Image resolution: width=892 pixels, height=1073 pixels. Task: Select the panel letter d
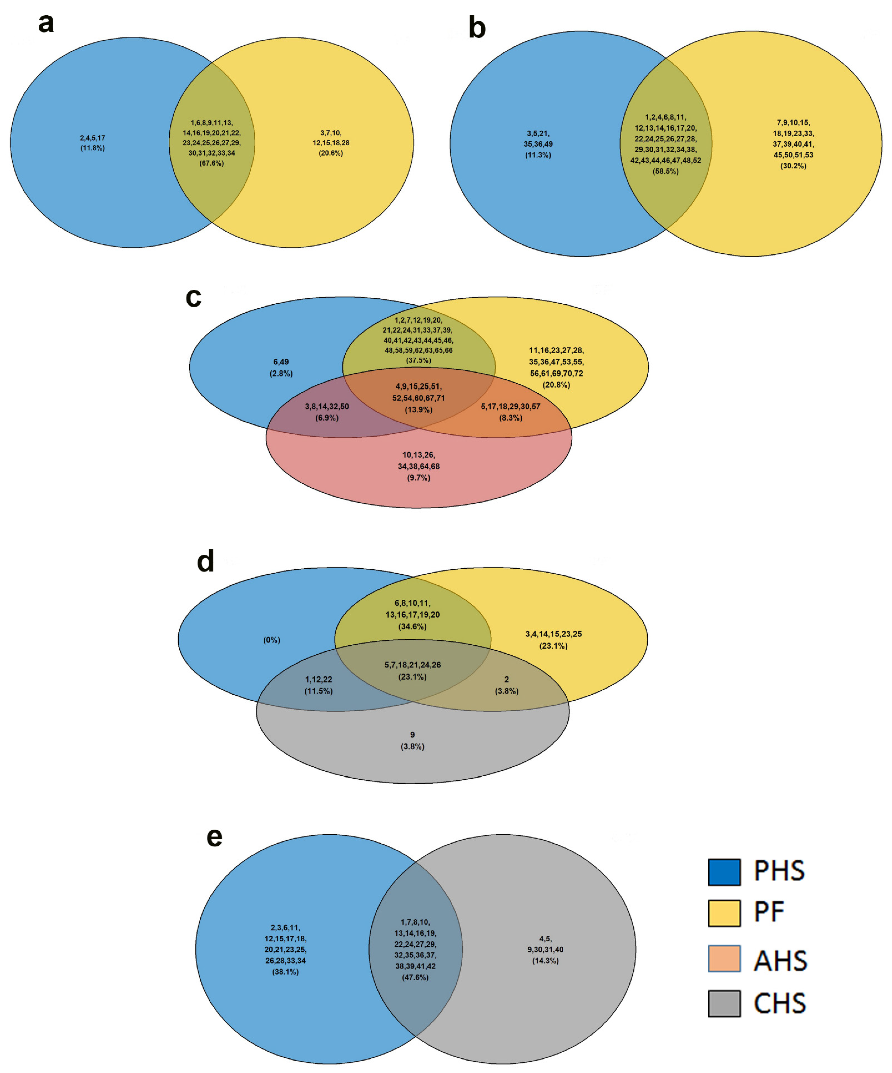tap(205, 562)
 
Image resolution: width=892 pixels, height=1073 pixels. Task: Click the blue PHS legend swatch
tap(724, 872)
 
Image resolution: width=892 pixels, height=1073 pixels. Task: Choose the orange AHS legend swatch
tap(724, 959)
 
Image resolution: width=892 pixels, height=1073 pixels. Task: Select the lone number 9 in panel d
tap(413, 735)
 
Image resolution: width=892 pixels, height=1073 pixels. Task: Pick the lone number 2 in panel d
tap(507, 680)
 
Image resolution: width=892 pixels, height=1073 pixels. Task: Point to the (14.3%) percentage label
tap(545, 961)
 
